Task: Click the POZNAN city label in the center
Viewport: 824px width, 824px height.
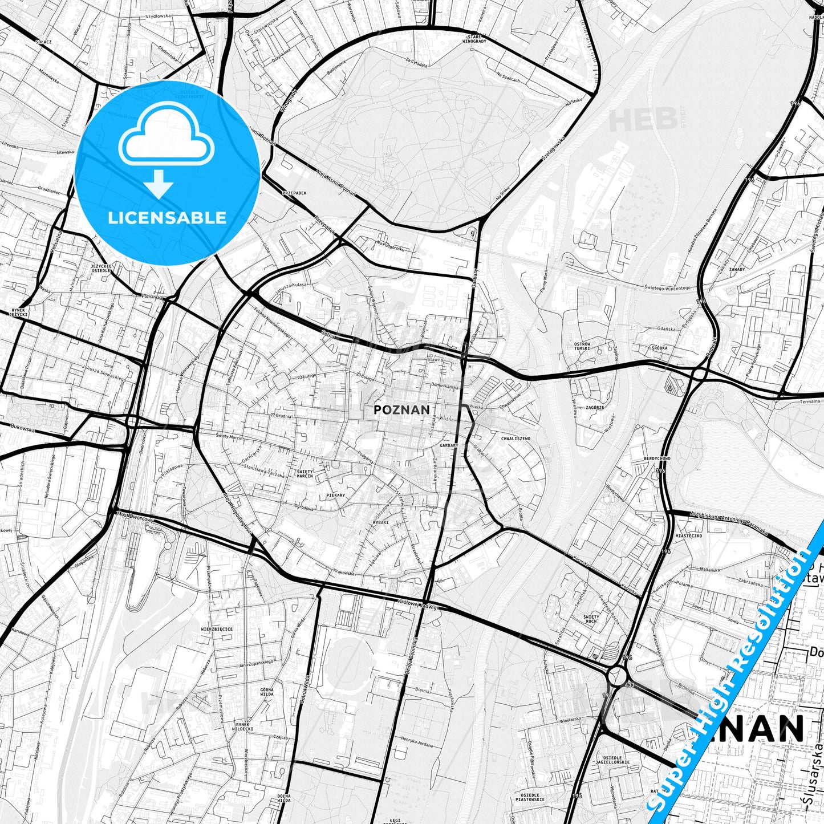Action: (x=401, y=409)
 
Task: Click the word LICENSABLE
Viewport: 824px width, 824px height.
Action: (x=167, y=217)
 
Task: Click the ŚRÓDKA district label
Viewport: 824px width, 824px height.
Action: (x=660, y=347)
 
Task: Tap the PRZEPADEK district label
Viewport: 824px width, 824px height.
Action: (x=294, y=193)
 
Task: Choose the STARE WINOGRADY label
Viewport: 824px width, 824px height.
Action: (x=474, y=38)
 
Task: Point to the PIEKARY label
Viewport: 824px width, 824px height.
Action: (x=335, y=496)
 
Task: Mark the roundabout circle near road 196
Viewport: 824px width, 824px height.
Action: (x=617, y=677)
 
